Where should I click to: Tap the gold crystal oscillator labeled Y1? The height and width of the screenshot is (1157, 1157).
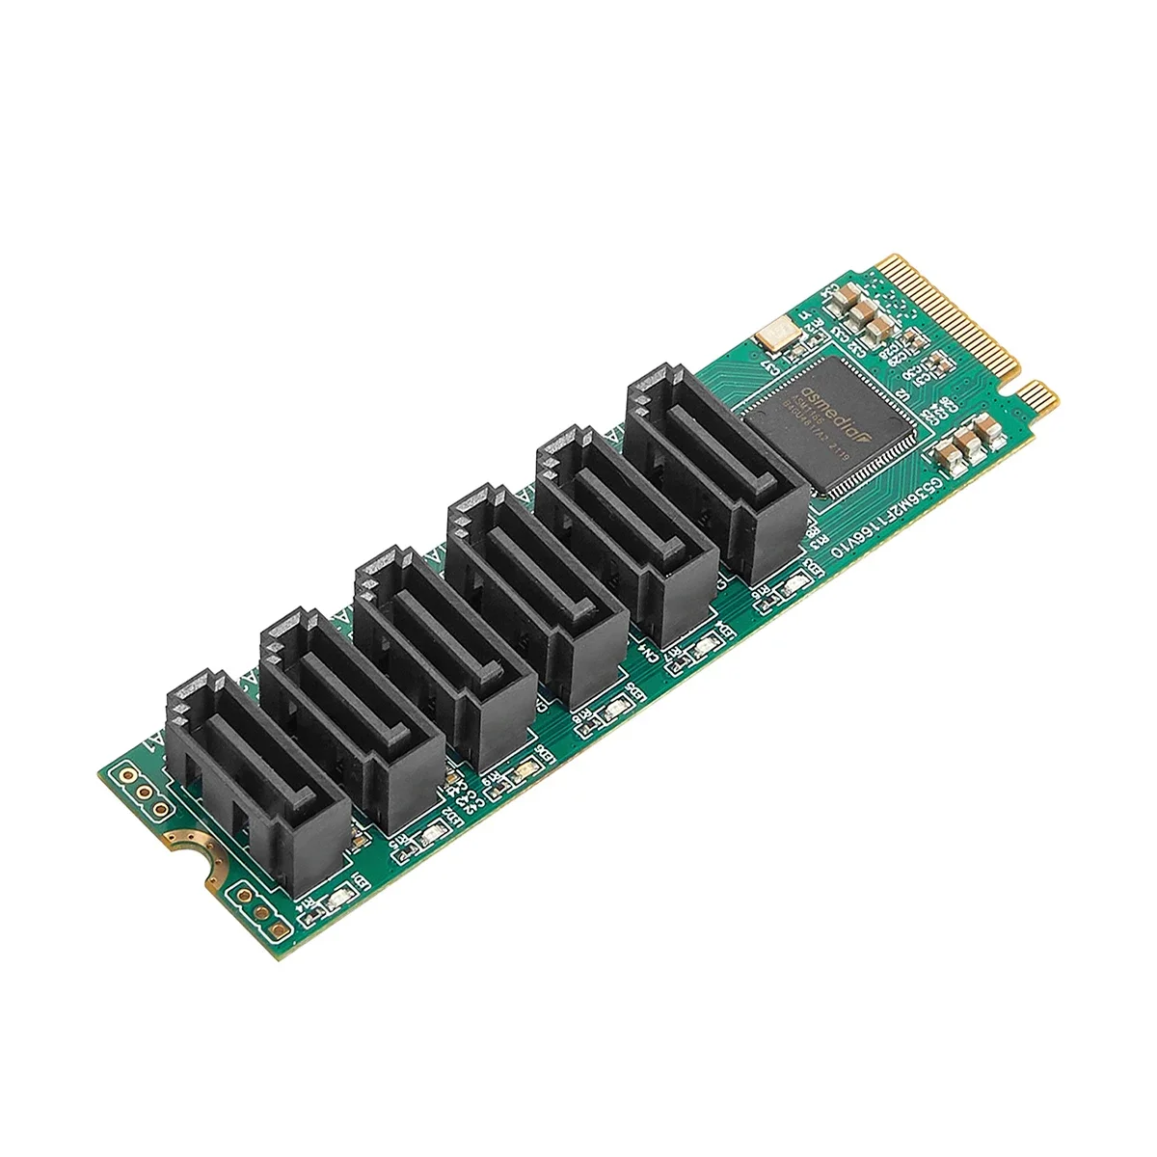point(770,336)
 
